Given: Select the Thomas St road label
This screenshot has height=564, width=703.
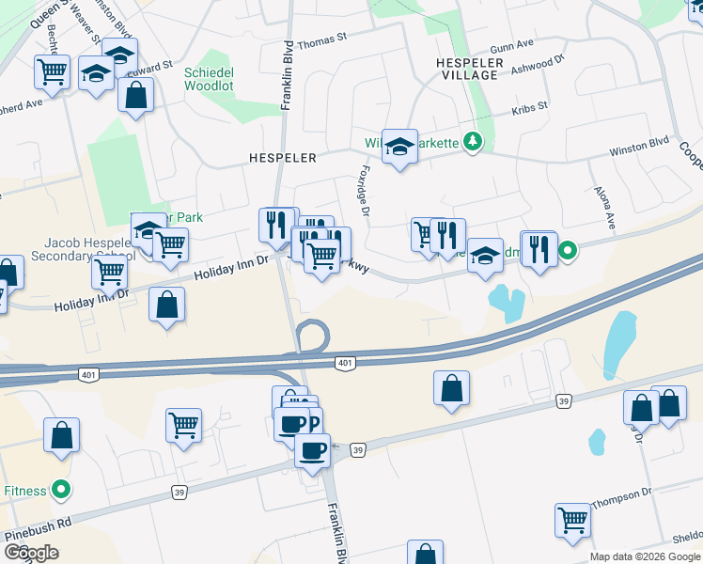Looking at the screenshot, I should [x=322, y=42].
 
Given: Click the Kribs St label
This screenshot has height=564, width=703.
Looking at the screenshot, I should [x=529, y=110].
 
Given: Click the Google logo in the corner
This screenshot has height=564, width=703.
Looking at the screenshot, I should [x=31, y=553].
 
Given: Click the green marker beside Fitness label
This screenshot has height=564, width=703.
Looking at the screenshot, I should [x=61, y=490].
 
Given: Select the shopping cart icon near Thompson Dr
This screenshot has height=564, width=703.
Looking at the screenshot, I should [x=572, y=518].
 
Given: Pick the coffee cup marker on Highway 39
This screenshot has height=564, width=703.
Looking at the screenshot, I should [x=312, y=449].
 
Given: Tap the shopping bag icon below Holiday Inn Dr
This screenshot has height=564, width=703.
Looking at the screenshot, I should [x=166, y=305].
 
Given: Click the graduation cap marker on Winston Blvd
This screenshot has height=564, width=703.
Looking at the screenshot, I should [x=399, y=147].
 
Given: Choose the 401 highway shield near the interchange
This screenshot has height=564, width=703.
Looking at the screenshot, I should [x=344, y=362].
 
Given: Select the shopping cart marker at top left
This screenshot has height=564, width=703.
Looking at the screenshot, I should [x=53, y=70].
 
